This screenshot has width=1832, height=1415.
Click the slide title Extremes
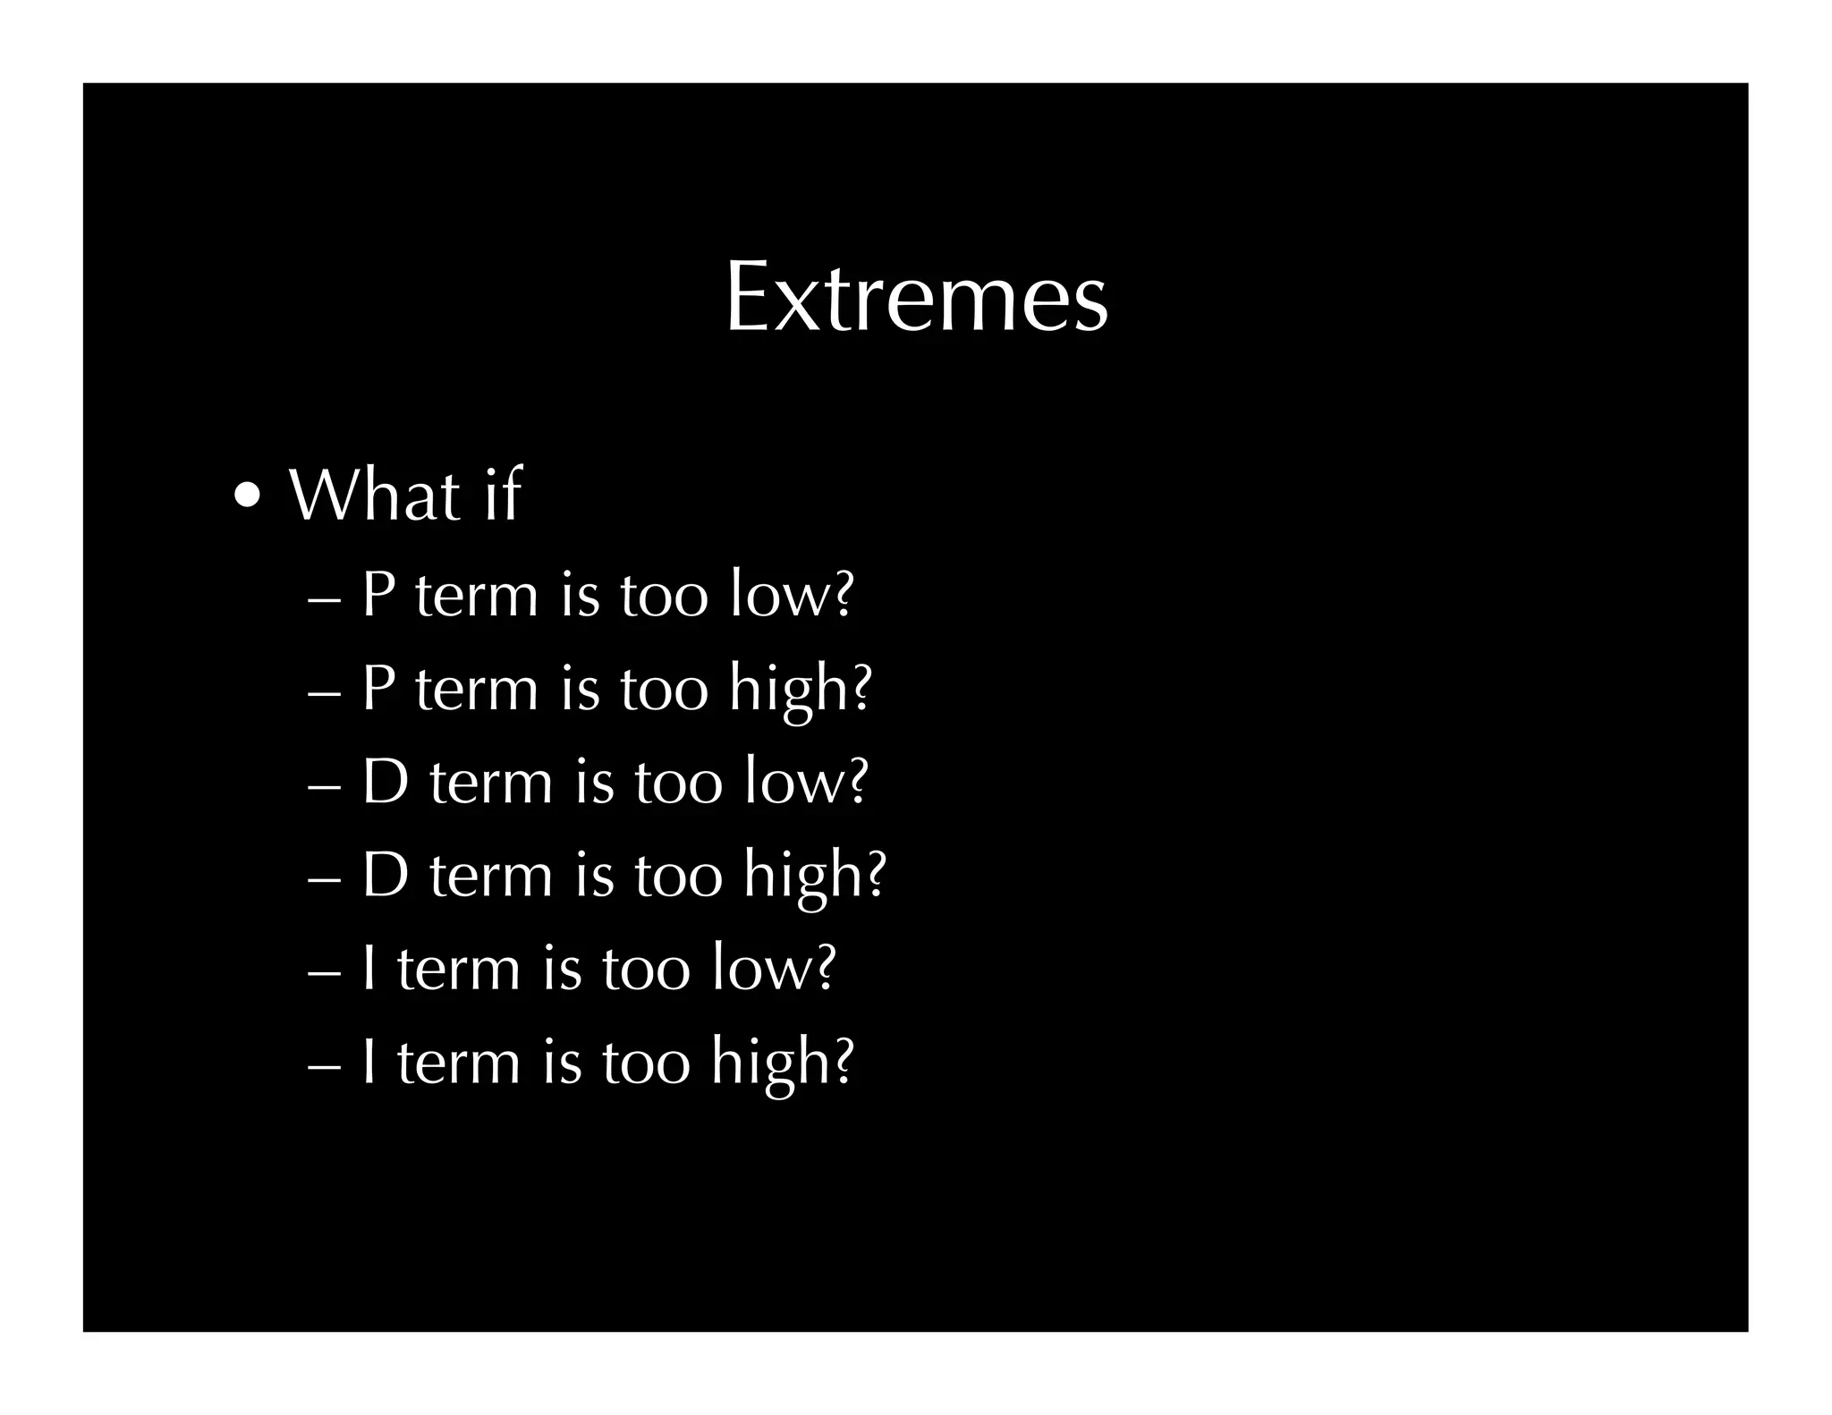(x=916, y=297)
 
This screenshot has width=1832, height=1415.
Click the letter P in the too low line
(x=377, y=594)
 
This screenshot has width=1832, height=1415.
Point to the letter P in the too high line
(x=377, y=688)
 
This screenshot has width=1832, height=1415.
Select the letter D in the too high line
(x=385, y=874)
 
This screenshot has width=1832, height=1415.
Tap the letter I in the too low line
(x=369, y=968)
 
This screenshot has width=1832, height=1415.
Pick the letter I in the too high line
(x=369, y=1061)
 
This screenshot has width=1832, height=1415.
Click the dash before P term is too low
(x=323, y=599)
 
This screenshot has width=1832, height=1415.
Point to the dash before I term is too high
(x=323, y=1066)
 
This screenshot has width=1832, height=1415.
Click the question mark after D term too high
(x=876, y=874)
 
